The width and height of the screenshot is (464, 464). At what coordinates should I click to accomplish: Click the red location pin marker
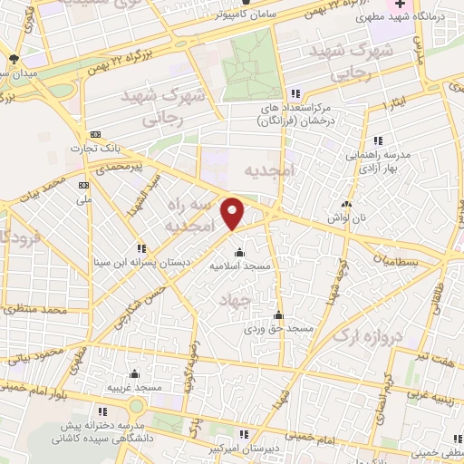[x=234, y=213]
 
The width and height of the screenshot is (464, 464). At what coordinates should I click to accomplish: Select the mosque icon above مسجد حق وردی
[x=278, y=316]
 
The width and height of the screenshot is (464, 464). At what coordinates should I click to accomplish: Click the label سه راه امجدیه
[x=189, y=215]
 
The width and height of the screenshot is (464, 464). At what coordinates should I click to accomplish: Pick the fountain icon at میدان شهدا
[x=11, y=60]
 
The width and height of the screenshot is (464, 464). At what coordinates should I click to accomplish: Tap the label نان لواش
[x=346, y=217]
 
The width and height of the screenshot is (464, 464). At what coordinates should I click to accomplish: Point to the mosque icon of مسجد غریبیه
[x=134, y=373]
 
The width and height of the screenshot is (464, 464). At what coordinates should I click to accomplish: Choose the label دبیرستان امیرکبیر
[x=240, y=448]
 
